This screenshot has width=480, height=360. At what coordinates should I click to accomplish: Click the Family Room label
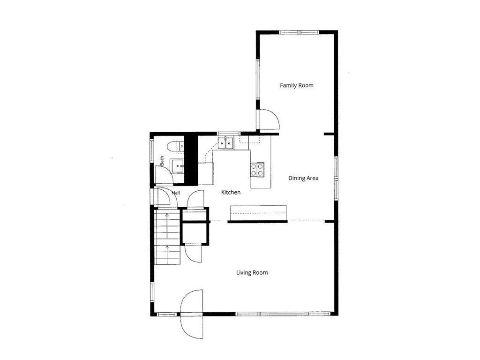(297, 85)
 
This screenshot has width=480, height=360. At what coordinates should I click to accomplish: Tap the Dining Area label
(303, 178)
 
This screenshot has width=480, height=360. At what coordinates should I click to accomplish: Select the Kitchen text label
(231, 192)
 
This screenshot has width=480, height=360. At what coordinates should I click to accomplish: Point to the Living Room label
(252, 272)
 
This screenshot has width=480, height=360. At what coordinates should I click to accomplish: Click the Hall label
(176, 193)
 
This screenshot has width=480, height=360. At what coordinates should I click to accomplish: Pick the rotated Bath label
(162, 161)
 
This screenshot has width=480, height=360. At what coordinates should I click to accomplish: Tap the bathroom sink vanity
(177, 166)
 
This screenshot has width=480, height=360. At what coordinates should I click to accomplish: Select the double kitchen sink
(225, 143)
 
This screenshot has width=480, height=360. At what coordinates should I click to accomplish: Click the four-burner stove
(257, 170)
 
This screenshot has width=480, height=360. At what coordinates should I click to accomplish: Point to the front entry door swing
(192, 314)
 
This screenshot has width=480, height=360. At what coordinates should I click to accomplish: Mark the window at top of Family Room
(299, 32)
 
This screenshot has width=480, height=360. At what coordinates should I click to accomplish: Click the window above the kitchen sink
(229, 134)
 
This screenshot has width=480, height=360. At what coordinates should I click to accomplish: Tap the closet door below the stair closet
(194, 254)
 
